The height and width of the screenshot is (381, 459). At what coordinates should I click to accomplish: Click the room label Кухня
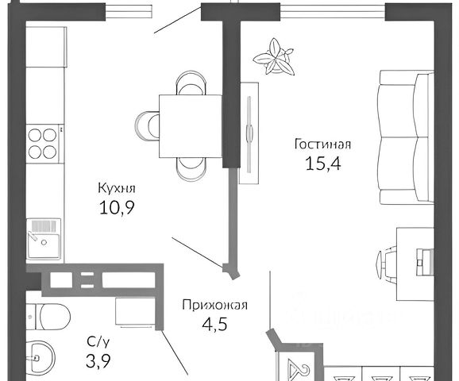[x=117, y=189]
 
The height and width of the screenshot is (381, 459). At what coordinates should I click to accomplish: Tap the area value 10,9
[x=117, y=207]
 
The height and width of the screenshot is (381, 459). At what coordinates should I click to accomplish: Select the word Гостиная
[x=323, y=144]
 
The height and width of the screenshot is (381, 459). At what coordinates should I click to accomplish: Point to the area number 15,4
[x=323, y=164]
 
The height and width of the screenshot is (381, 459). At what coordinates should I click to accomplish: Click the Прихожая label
[x=215, y=306]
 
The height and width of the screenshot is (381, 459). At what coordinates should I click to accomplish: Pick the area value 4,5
[x=215, y=324]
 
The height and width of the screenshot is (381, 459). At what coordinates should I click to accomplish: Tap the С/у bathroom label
[x=98, y=342]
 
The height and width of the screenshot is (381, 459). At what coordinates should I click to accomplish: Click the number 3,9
[x=98, y=361]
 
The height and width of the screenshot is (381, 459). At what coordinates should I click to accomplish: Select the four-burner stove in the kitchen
[x=44, y=144]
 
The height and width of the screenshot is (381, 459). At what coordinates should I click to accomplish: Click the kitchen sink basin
[x=44, y=239]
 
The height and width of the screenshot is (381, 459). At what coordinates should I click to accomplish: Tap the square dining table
[x=191, y=126]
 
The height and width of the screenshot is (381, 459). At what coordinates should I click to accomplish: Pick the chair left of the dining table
[x=147, y=125]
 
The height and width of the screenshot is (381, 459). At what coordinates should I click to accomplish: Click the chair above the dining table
[x=191, y=83]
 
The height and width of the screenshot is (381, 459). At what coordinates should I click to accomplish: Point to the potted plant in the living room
[x=275, y=57]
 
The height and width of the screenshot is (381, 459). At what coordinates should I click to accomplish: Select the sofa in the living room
[x=407, y=137]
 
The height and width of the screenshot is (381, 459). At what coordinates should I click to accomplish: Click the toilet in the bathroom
[x=48, y=317]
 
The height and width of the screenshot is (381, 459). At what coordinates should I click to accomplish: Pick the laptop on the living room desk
[x=425, y=262]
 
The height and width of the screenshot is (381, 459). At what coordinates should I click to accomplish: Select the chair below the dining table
[x=191, y=169]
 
